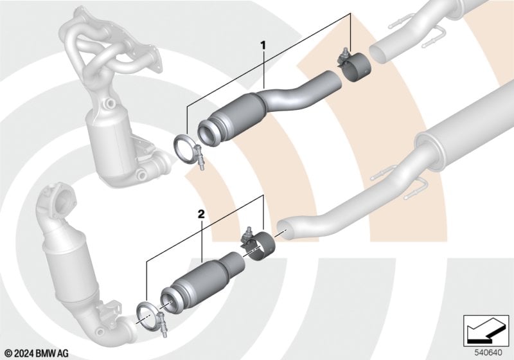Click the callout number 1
[x=263, y=46]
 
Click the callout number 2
[x=201, y=215]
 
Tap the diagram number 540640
[x=488, y=352]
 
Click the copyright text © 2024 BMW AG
[x=37, y=353]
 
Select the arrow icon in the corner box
[x=485, y=331]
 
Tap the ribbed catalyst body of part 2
[x=199, y=280]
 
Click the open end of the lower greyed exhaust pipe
[x=284, y=228]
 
